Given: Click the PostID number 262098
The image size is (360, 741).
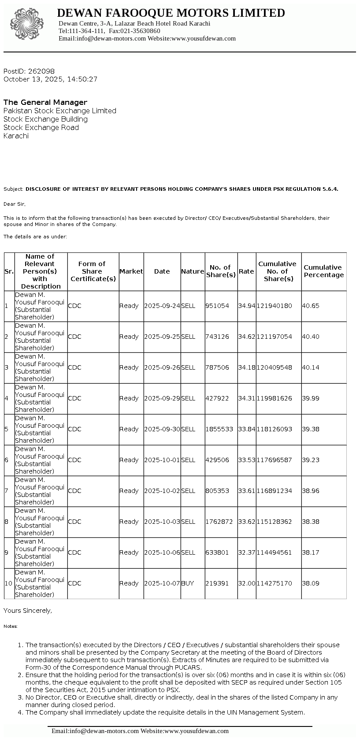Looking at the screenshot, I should [41, 71].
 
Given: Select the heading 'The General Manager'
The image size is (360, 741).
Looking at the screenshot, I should [45, 102].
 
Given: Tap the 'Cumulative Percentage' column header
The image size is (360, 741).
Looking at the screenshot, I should [323, 271].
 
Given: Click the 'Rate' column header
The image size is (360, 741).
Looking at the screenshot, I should [246, 271].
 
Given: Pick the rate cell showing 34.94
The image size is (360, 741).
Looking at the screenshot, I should [246, 306].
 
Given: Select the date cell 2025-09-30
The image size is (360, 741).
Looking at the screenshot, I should [162, 429].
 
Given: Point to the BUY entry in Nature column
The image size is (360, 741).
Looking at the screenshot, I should [187, 583].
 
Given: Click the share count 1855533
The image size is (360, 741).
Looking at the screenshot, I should [219, 429].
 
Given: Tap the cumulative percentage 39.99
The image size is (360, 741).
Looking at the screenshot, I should [311, 398].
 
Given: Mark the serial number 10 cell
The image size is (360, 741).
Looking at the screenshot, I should [9, 583].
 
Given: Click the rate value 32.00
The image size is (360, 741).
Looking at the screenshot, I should [246, 583].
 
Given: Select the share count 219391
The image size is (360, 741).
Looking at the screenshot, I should [217, 583].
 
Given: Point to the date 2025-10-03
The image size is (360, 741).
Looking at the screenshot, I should [162, 522].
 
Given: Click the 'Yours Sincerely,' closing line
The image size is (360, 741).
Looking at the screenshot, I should [28, 611].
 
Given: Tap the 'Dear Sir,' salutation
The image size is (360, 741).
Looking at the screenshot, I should [15, 204].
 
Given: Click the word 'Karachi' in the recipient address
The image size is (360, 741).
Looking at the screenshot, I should [16, 136].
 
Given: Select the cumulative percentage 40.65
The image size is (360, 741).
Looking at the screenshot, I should [311, 306].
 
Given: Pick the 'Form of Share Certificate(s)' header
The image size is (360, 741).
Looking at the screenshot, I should [93, 271].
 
